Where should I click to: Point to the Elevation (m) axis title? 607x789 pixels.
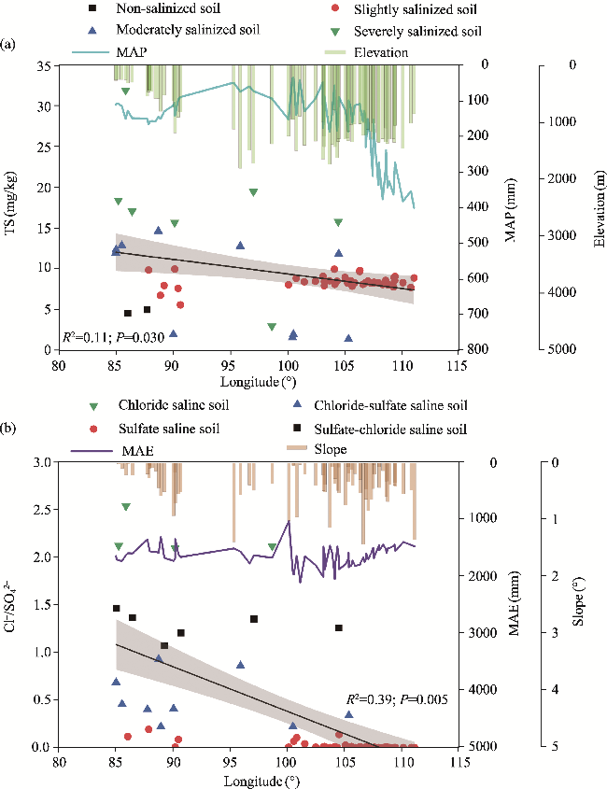[598, 207]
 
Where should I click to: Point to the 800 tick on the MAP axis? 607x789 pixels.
[477, 350]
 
